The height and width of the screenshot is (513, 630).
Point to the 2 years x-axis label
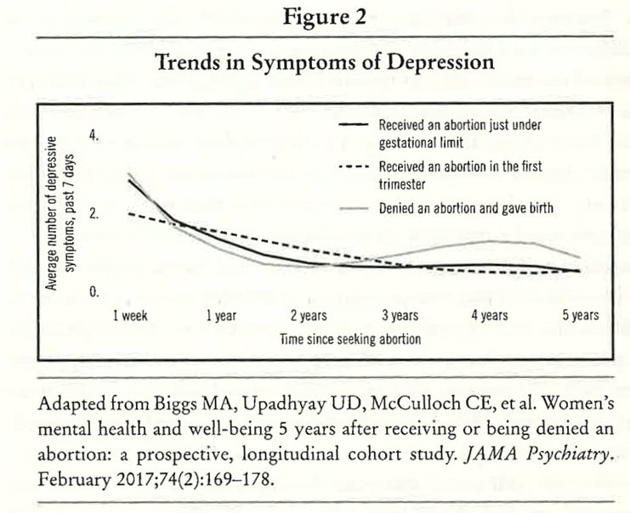(x=310, y=315)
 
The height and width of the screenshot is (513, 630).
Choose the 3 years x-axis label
(x=400, y=315)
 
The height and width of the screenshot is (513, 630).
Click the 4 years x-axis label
(x=489, y=315)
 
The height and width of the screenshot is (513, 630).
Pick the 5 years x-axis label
(x=581, y=315)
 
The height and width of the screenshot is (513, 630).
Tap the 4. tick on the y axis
(x=94, y=136)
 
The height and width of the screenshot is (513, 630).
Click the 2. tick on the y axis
(x=94, y=214)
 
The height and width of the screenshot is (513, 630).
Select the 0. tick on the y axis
(x=94, y=292)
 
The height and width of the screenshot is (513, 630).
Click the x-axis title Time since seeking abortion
(x=349, y=337)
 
